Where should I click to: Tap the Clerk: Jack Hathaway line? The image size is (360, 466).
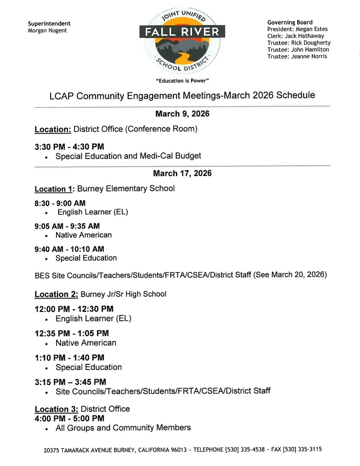pos(295,36)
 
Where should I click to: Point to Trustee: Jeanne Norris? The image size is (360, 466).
pos(297,56)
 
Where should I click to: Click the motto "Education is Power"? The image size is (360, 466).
pos(182,81)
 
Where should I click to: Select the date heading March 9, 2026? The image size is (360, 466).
pos(182,114)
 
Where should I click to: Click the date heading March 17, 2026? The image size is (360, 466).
pos(182,173)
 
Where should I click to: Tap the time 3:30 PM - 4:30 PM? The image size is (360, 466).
pos(69,147)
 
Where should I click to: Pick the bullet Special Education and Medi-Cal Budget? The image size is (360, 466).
pos(128,156)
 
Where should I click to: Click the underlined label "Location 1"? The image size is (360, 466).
pos(54,189)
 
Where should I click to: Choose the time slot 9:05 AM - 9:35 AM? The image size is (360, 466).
pos(67,226)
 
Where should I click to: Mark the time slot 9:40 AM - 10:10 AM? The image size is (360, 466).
pos(69,249)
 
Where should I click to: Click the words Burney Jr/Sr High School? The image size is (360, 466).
pos(123,294)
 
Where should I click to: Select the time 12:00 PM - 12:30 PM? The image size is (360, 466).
pos(74,309)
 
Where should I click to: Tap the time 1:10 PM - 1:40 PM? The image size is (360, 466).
pos(69,358)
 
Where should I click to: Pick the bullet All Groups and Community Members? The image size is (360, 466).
pos(123,428)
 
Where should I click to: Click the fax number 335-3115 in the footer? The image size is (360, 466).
pos(310,450)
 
